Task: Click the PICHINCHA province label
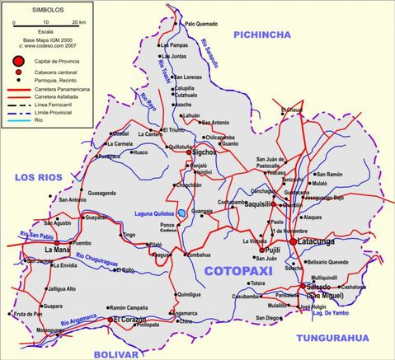[263, 34]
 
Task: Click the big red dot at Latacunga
[292, 241]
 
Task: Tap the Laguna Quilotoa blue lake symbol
[181, 213]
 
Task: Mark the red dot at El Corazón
[111, 319]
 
